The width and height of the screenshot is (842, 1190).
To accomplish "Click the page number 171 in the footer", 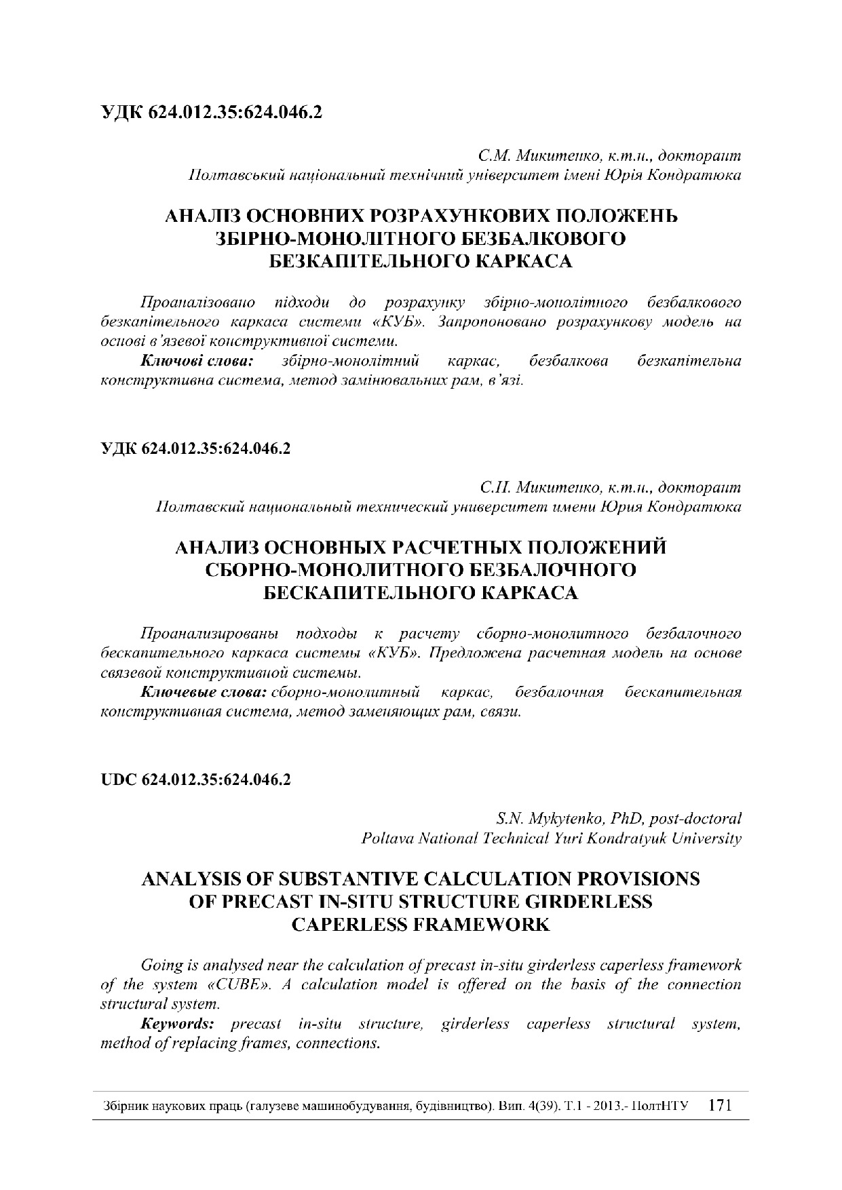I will (x=719, y=1105).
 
